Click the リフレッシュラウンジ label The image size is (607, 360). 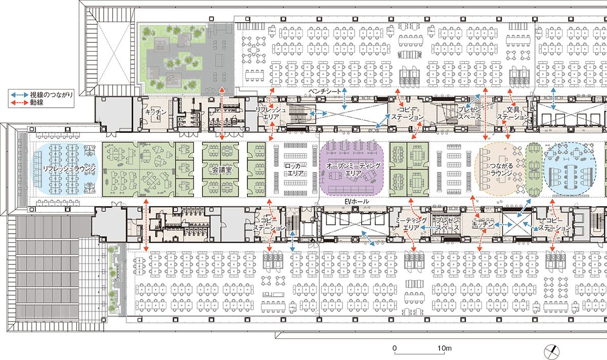tap(69, 169)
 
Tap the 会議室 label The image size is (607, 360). tap(222, 170)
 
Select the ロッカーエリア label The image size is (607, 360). tap(295, 169)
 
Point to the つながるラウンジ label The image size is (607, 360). tap(501, 169)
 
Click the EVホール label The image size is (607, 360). tap(357, 202)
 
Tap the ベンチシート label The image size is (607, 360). tap(325, 92)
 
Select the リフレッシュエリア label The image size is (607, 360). tap(271, 113)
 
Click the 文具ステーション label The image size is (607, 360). tap(513, 113)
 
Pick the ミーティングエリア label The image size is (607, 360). tap(411, 224)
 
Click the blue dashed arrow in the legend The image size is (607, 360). tap(20, 95)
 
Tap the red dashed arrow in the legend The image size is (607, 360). tap(20, 103)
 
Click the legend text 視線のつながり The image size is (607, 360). tap(51, 95)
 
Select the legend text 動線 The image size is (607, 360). tap(36, 103)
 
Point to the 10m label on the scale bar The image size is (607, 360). tap(445, 348)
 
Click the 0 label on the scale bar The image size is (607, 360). tap(395, 348)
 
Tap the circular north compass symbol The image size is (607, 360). tap(551, 352)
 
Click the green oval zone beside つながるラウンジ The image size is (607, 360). tap(534, 169)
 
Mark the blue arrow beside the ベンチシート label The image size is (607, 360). tap(344, 99)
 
